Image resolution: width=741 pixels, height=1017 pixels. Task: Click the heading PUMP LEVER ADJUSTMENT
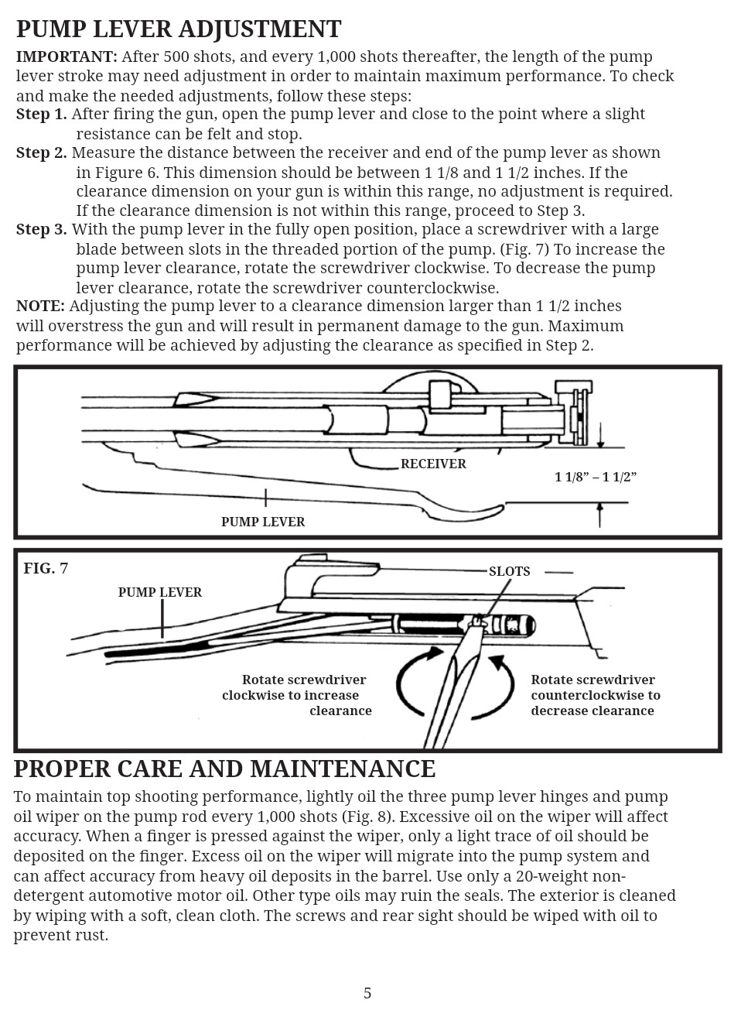coord(178,29)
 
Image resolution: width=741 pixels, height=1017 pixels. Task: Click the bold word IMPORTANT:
coord(67,56)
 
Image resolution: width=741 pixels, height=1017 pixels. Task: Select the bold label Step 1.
coord(41,115)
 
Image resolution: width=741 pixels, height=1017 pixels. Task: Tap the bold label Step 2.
coord(41,152)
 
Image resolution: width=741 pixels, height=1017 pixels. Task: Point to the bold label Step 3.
coord(41,230)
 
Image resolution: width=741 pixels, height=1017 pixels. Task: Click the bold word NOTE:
coord(40,306)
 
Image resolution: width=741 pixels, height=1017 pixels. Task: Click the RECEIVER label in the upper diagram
coord(433,464)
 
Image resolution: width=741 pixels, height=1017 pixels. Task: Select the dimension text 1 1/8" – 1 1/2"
coord(595,477)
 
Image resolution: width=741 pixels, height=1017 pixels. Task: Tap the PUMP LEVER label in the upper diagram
coord(263,522)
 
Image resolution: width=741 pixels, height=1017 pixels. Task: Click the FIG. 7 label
coord(46,569)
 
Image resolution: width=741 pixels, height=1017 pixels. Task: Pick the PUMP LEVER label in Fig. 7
coord(160,593)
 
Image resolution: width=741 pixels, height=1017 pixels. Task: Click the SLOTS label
coord(509,572)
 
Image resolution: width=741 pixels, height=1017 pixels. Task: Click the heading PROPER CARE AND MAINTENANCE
coord(224,769)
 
